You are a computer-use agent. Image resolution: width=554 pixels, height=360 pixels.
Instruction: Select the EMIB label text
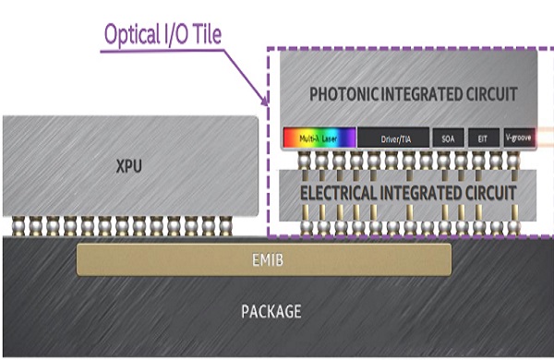point(264,260)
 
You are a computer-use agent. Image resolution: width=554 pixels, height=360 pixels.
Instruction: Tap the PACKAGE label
point(271,312)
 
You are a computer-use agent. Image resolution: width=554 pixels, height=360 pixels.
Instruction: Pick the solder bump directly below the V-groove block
point(514,163)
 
